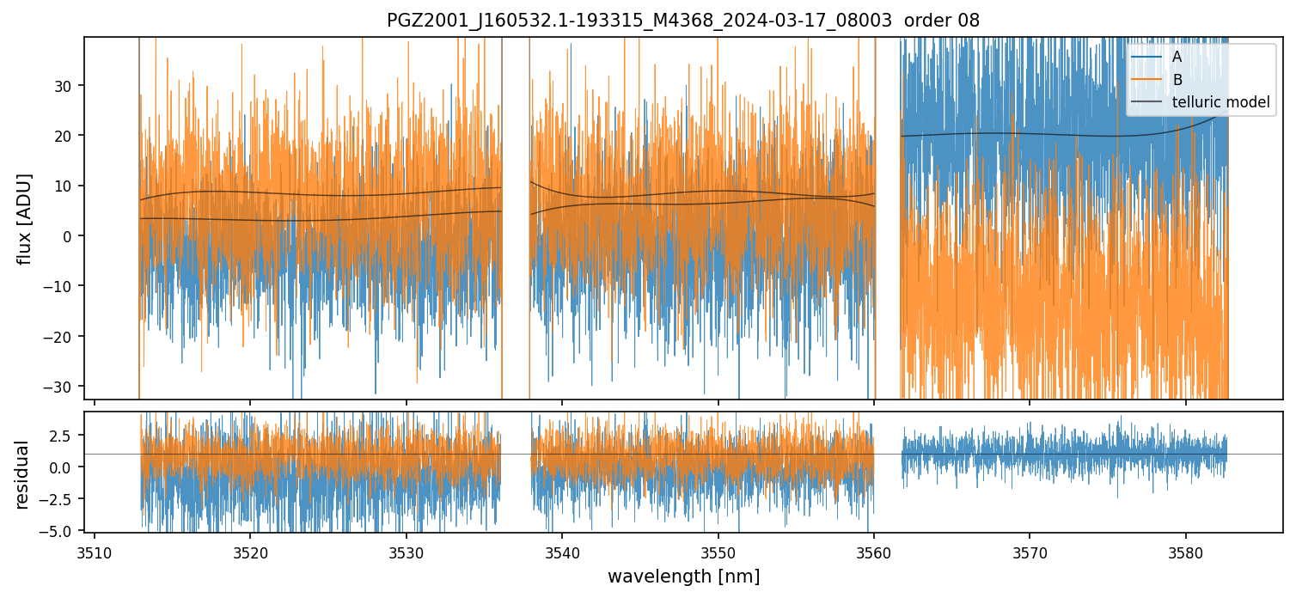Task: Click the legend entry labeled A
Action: point(1177,57)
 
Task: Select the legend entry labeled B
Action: point(1177,80)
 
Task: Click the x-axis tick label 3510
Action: point(95,551)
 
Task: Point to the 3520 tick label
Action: point(250,551)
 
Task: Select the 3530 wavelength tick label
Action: point(406,551)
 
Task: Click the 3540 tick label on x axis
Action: point(562,551)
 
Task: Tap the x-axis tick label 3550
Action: point(718,551)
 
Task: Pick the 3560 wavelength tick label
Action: point(873,551)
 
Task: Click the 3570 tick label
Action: point(1030,551)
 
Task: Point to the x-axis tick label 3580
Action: point(1185,551)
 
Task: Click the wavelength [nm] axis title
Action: point(683,576)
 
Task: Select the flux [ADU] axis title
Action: point(25,218)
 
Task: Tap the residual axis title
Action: point(21,474)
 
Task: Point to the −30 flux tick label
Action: point(60,387)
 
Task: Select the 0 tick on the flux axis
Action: point(70,236)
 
